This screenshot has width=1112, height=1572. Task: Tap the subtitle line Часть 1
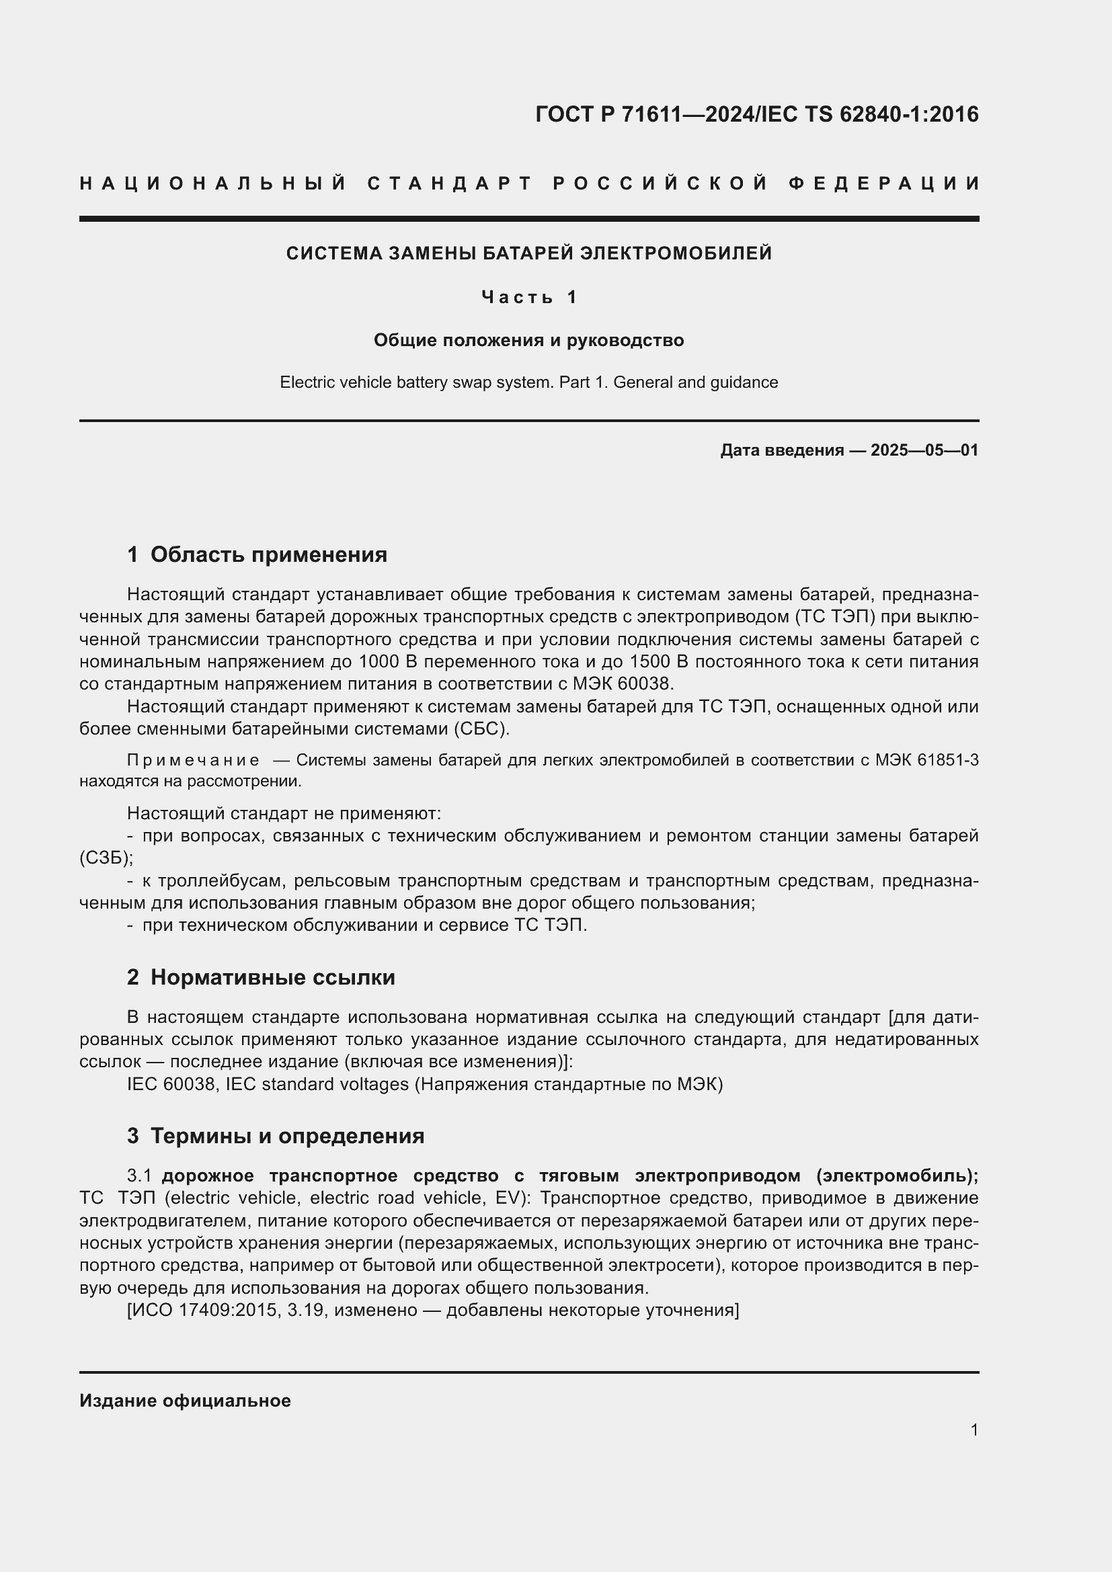[529, 297]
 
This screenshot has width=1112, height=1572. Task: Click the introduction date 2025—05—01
[924, 450]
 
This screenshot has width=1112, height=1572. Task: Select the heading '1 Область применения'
[257, 554]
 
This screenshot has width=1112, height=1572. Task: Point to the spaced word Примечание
[193, 760]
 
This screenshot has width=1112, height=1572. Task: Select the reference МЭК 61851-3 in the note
[926, 760]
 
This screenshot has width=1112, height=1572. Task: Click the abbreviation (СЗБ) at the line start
[106, 858]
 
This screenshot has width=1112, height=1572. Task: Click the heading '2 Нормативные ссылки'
[261, 978]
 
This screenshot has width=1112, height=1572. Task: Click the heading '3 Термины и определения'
[275, 1136]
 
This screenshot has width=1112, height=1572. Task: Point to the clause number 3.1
[139, 1175]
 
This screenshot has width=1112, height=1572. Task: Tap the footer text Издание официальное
[185, 1401]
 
